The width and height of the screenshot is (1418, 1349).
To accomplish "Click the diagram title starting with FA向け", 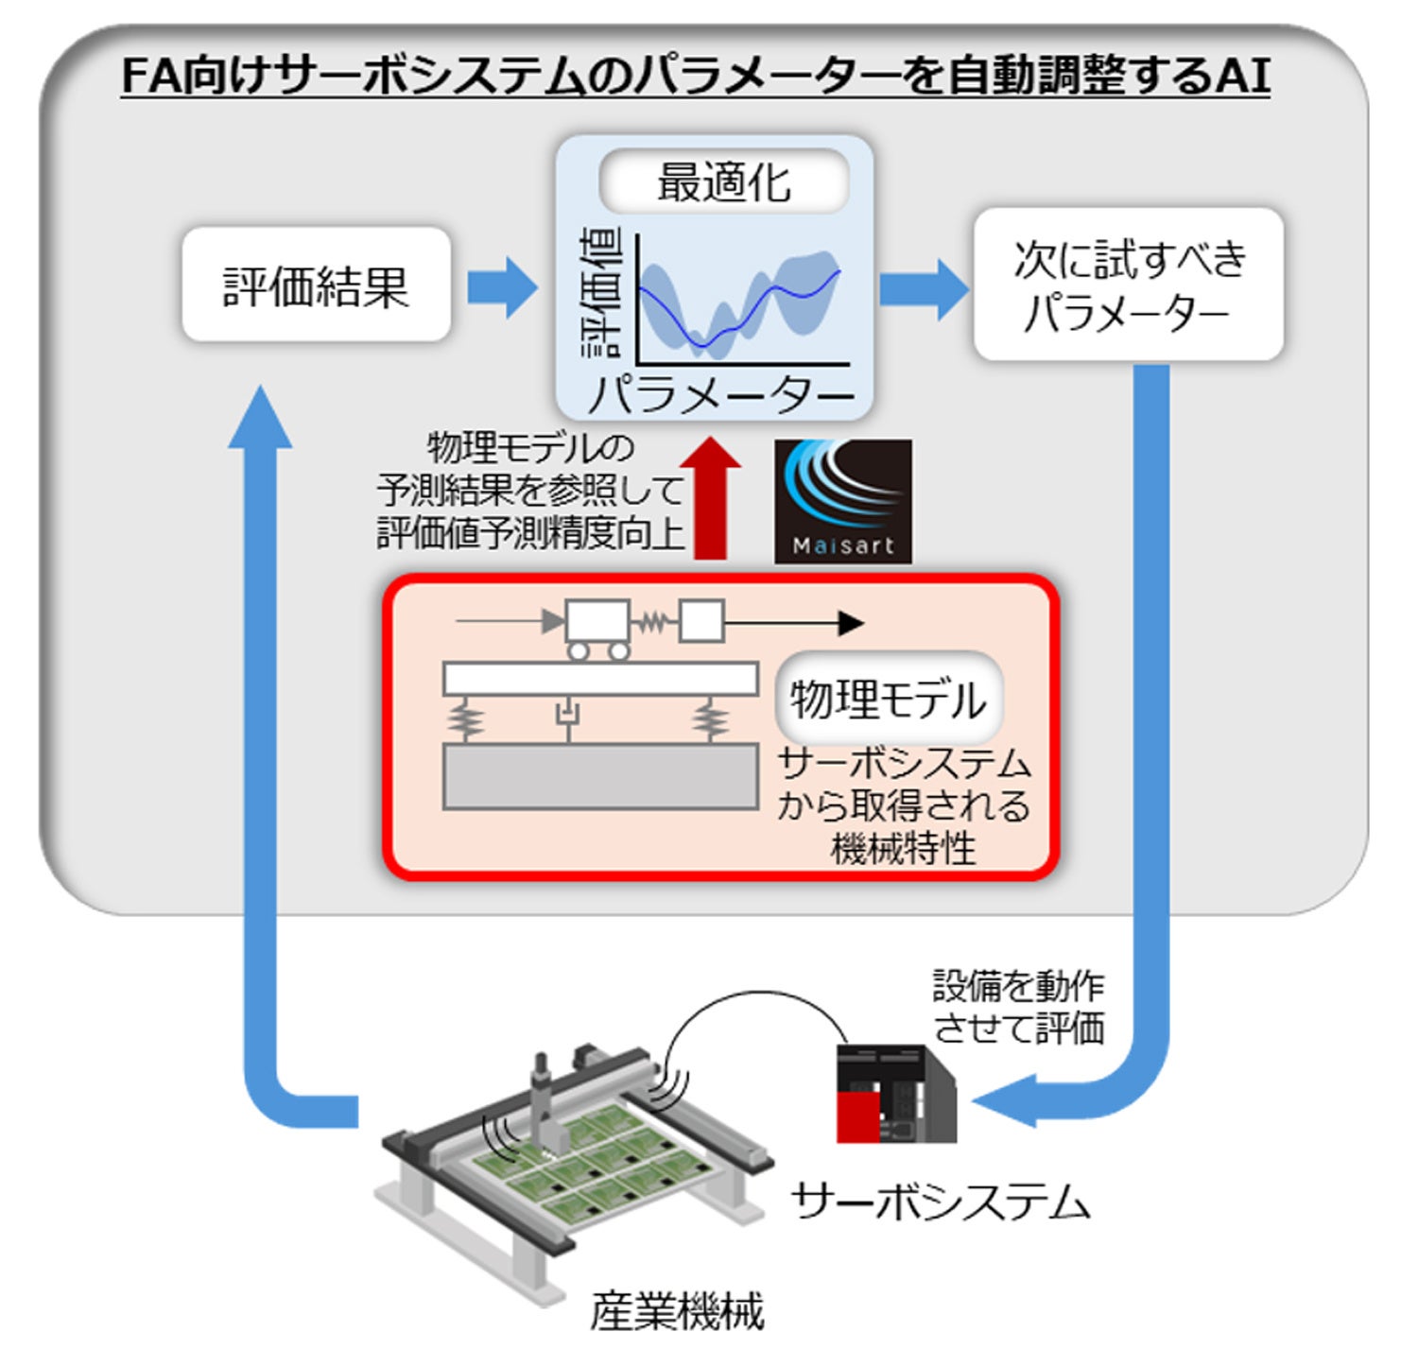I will click(x=695, y=76).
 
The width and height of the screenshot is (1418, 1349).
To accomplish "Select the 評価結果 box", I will click(x=316, y=285).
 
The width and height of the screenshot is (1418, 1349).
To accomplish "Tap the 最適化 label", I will click(x=723, y=182).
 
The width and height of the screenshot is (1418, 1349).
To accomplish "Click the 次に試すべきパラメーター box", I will click(x=1128, y=285).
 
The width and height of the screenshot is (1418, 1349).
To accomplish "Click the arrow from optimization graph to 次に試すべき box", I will click(x=923, y=288).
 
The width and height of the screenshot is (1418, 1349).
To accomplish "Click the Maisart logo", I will click(x=843, y=501).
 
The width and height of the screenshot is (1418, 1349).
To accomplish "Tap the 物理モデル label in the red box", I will click(x=888, y=700).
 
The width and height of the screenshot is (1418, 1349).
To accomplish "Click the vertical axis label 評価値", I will click(x=601, y=294).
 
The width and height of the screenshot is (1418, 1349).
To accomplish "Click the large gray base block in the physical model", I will click(x=600, y=776).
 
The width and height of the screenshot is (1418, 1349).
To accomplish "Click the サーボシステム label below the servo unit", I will click(x=941, y=1202).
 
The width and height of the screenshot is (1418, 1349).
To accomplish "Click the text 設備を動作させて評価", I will click(x=1018, y=1007).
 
